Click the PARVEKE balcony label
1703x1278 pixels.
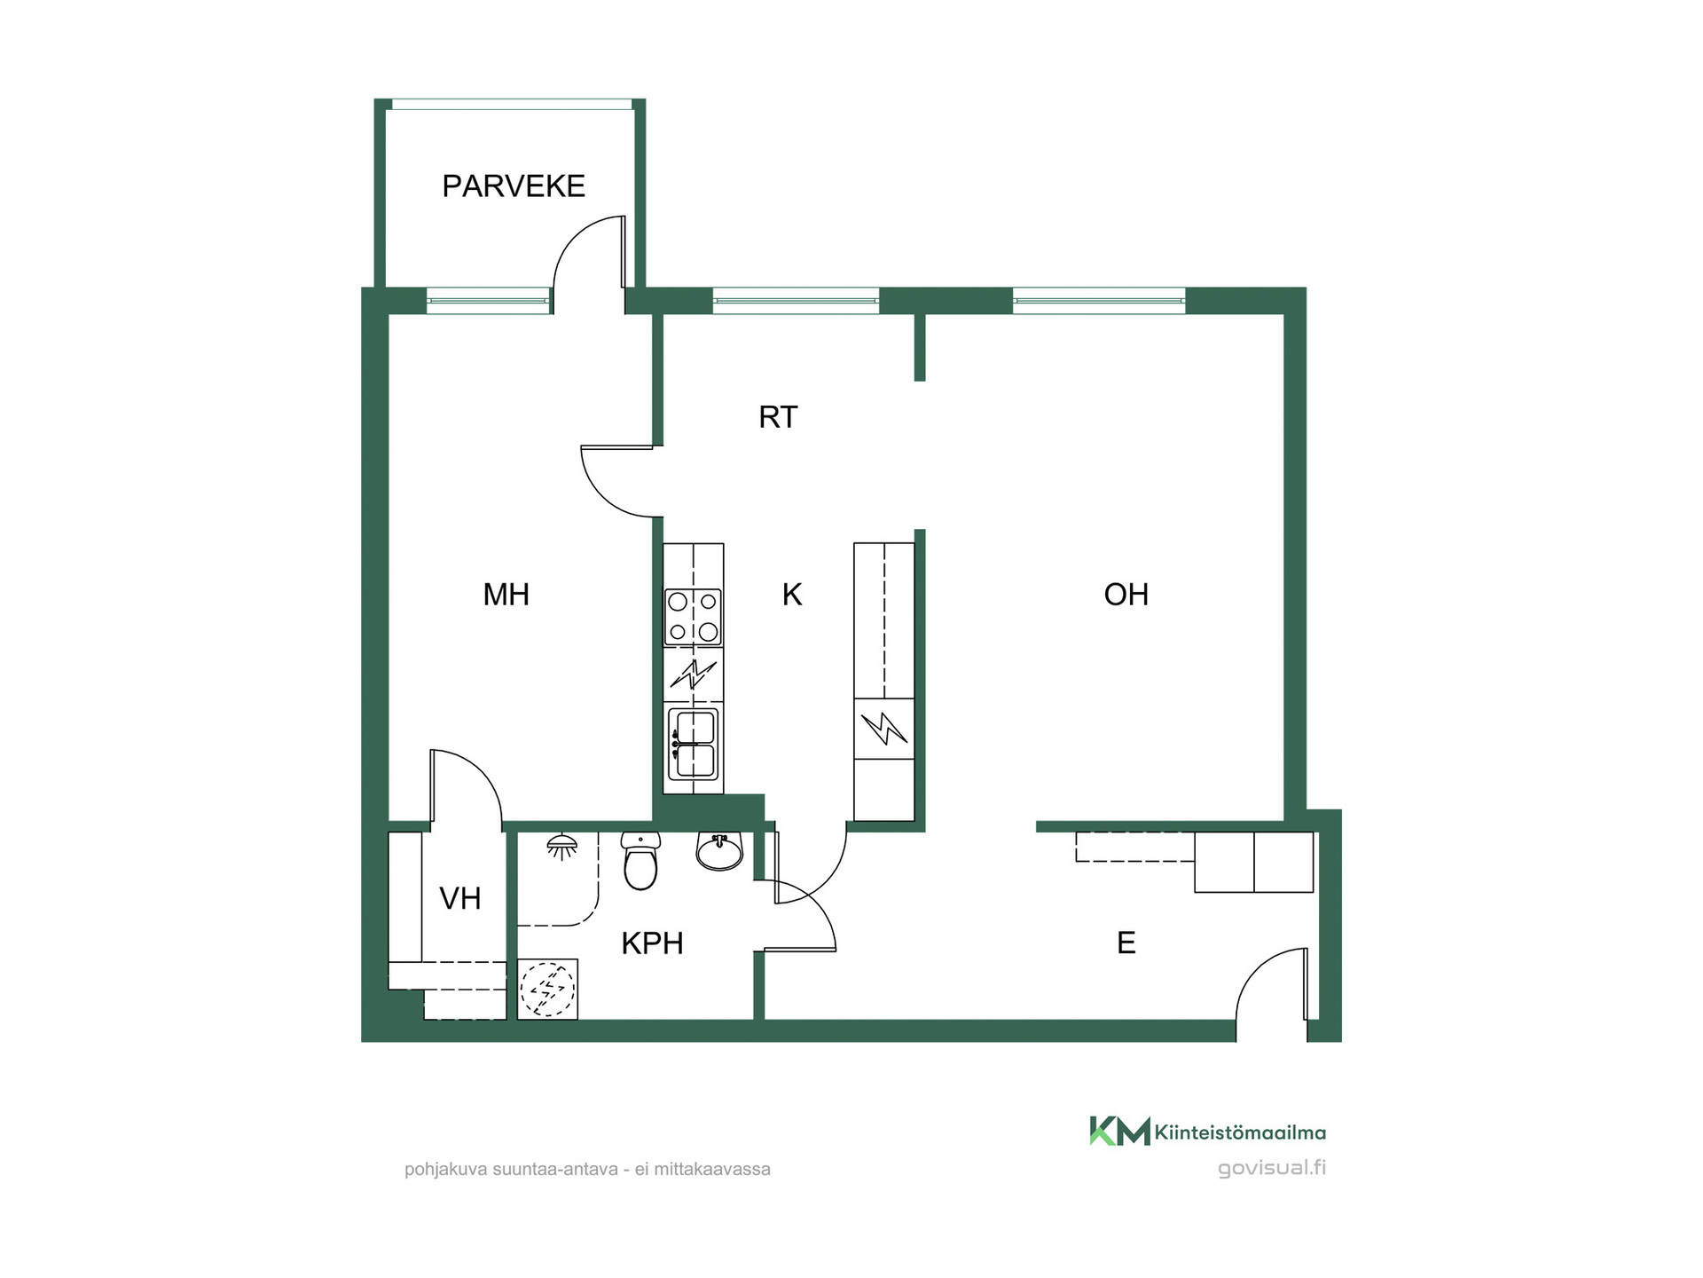[514, 186]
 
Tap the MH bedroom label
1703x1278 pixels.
[506, 595]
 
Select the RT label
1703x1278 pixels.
[778, 417]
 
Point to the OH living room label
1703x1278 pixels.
[1126, 595]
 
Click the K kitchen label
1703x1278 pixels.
[792, 595]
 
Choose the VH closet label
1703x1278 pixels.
[460, 899]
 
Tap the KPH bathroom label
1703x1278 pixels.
[652, 943]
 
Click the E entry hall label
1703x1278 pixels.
[1126, 943]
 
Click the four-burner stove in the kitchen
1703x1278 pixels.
[693, 618]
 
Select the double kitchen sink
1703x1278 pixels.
[693, 744]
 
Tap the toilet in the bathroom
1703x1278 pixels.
[640, 860]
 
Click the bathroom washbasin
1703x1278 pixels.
[719, 851]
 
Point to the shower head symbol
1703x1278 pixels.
[561, 847]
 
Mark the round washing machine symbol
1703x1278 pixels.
[547, 989]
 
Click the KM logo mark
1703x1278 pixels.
[1119, 1132]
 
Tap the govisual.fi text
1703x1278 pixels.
[1272, 1168]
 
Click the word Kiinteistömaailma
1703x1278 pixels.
[1240, 1132]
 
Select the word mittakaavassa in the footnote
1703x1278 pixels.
[712, 1170]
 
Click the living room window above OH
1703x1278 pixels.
[1099, 301]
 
